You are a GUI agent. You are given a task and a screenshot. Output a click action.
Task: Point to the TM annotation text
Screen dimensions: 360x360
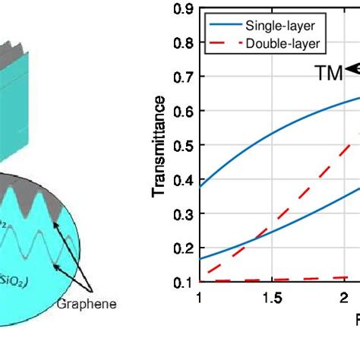[328, 72]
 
